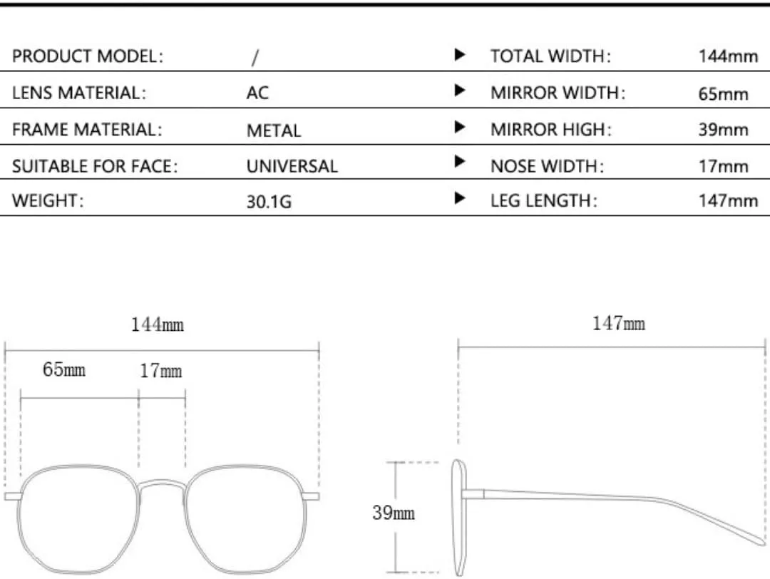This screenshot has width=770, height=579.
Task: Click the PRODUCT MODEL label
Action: (x=88, y=56)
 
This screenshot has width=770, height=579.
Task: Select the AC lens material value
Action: (x=257, y=93)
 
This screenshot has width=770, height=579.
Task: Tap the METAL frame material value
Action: (x=274, y=130)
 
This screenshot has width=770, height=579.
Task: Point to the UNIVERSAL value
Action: (x=292, y=166)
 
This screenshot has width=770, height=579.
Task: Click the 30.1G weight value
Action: (x=269, y=201)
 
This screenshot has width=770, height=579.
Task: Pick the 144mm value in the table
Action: (x=728, y=56)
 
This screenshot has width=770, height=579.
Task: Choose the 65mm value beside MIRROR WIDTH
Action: (x=724, y=93)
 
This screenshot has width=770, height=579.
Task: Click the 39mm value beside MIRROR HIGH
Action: (x=724, y=130)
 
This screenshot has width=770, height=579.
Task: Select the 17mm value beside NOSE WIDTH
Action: (x=724, y=166)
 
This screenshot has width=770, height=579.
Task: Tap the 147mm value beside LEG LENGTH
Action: (x=728, y=200)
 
